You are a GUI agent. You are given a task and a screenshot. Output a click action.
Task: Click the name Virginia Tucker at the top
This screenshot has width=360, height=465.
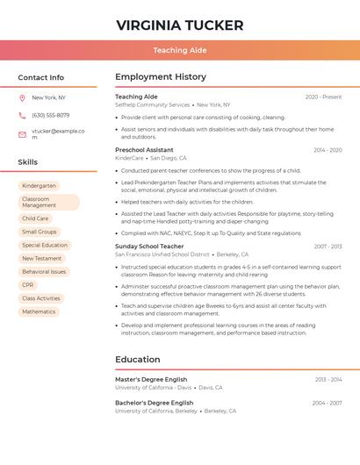pyautogui.click(x=180, y=25)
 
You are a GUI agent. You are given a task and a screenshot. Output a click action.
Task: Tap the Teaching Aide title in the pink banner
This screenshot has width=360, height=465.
pyautogui.click(x=180, y=51)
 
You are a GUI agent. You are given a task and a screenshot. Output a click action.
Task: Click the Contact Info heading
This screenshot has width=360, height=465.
pyautogui.click(x=41, y=77)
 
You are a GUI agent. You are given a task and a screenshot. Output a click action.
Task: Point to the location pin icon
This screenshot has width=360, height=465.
pyautogui.click(x=22, y=98)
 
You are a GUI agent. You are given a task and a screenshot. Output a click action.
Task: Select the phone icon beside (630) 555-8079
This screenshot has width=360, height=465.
pyautogui.click(x=22, y=115)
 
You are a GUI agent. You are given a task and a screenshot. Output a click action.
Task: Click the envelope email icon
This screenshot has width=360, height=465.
pyautogui.click(x=22, y=134)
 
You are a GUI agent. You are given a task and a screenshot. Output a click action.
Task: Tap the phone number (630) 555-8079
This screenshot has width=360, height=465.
pyautogui.click(x=50, y=115)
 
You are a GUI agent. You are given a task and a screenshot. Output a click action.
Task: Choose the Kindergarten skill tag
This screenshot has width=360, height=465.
pyautogui.click(x=39, y=186)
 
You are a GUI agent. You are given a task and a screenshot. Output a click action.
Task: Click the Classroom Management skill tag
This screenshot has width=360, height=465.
pyautogui.click(x=48, y=203)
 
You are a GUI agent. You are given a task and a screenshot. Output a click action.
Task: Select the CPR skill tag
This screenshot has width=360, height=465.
pyautogui.click(x=28, y=285)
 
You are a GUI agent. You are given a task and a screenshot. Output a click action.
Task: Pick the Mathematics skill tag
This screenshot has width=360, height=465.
pyautogui.click(x=39, y=311)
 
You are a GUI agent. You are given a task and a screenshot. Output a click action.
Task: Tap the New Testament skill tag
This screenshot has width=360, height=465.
pyautogui.click(x=42, y=259)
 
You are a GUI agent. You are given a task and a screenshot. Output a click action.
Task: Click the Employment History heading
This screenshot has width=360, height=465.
pyautogui.click(x=161, y=77)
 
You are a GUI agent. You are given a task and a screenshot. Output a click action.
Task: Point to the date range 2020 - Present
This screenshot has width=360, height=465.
pyautogui.click(x=323, y=97)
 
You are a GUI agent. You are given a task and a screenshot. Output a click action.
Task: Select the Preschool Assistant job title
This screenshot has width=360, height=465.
pyautogui.click(x=144, y=150)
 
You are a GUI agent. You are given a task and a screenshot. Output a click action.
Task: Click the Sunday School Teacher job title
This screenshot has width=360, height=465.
pyautogui.click(x=149, y=247)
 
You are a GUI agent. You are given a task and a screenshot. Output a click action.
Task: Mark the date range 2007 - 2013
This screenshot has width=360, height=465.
pyautogui.click(x=328, y=247)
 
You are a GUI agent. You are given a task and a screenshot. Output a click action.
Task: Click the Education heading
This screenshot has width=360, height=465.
pyautogui.click(x=138, y=359)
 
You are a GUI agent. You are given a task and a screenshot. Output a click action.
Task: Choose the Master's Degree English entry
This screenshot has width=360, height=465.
pyautogui.click(x=151, y=380)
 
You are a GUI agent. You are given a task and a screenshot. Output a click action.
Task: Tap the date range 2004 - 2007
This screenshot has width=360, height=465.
pyautogui.click(x=327, y=403)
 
